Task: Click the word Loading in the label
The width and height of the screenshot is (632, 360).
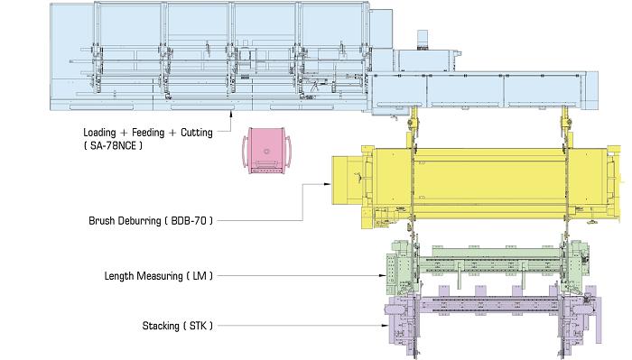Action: click(99, 133)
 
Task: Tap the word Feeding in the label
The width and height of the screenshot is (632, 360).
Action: click(148, 133)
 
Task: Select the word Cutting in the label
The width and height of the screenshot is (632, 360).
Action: click(197, 133)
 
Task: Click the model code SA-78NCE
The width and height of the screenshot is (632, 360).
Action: click(113, 146)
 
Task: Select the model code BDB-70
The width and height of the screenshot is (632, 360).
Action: click(189, 221)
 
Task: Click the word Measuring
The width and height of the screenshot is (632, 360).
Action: click(160, 276)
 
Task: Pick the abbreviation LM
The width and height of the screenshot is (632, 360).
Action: click(200, 276)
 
